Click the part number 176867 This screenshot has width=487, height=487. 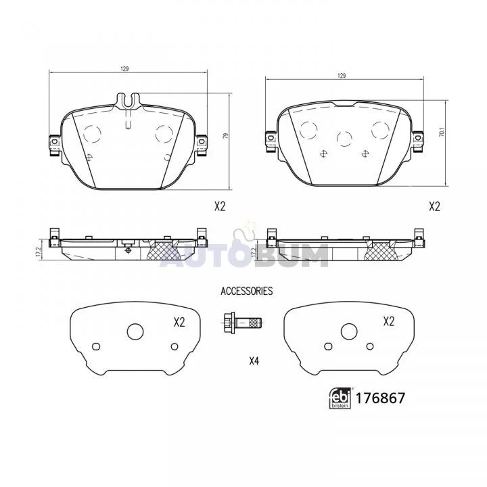point(380,398)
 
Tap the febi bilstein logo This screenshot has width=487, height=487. point(340,398)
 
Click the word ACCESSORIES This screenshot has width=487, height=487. point(247,291)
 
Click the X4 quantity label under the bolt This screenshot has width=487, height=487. point(254,361)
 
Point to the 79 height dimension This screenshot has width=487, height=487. point(226,136)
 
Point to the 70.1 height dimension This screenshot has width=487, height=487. point(443,133)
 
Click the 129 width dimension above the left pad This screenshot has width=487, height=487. point(124,69)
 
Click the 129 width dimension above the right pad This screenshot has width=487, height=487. point(342,76)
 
